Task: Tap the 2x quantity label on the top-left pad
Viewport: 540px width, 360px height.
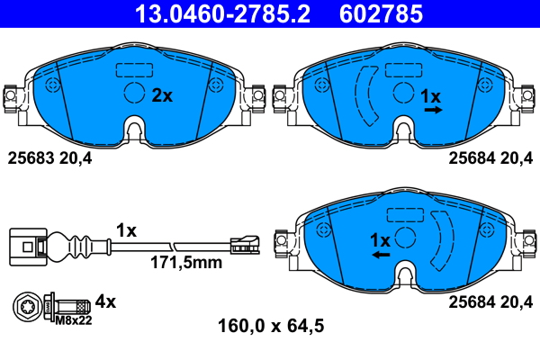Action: pyautogui.click(x=161, y=95)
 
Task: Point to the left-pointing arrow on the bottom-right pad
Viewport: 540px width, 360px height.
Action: pyautogui.click(x=381, y=256)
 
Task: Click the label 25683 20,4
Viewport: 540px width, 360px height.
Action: pyautogui.click(x=50, y=157)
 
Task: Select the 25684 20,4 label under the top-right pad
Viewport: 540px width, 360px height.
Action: pyautogui.click(x=490, y=157)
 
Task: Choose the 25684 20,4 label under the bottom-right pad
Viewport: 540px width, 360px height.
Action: pyautogui.click(x=490, y=301)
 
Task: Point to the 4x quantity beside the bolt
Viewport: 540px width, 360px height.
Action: pyautogui.click(x=106, y=301)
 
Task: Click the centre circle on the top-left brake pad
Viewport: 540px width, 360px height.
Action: pyautogui.click(x=133, y=94)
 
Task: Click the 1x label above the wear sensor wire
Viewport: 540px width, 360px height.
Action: pyautogui.click(x=126, y=230)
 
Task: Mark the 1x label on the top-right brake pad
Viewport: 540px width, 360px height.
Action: pyautogui.click(x=431, y=95)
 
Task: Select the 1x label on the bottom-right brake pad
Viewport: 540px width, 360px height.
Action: pyautogui.click(x=381, y=240)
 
